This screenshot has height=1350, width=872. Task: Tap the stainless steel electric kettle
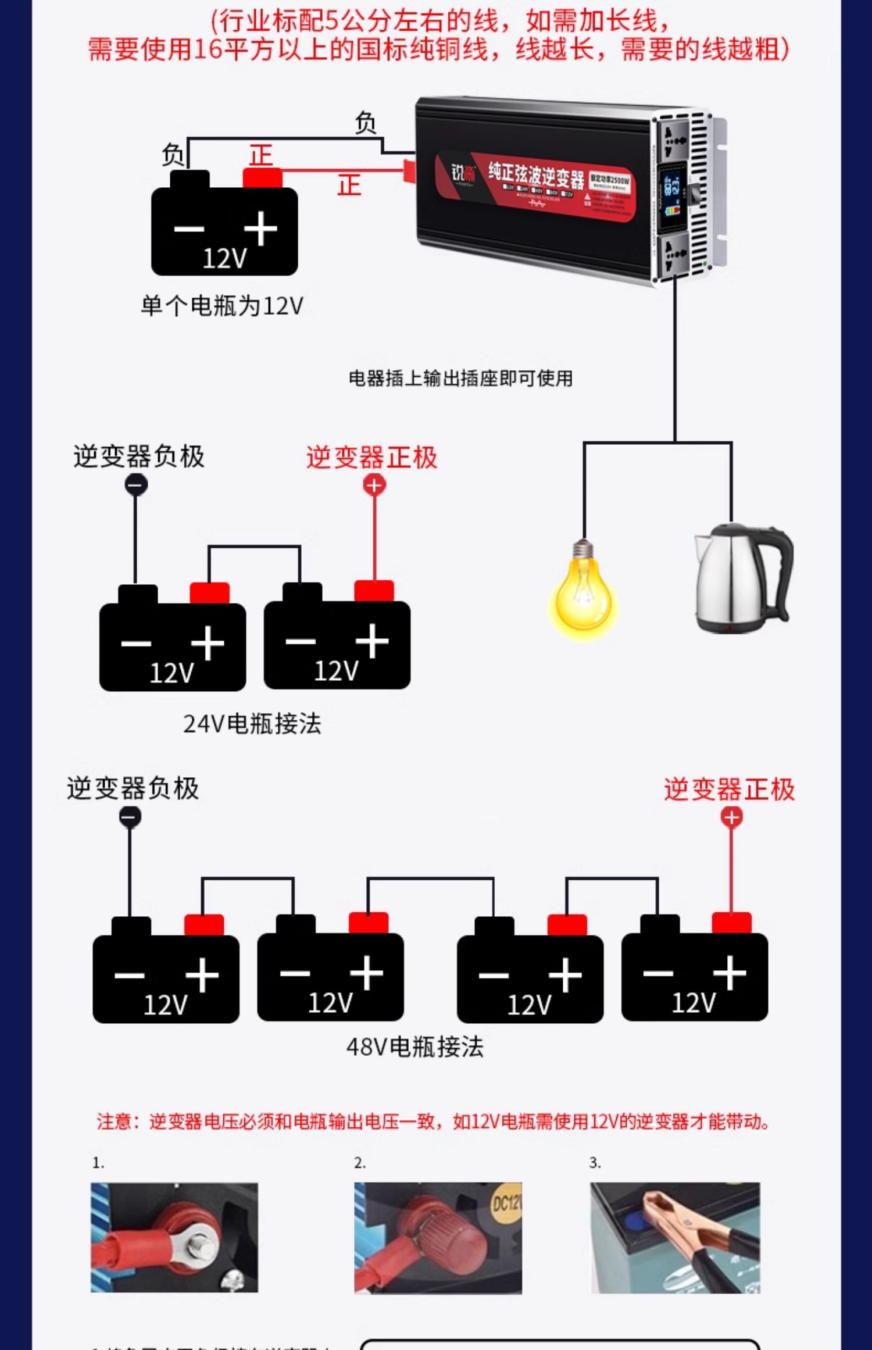click(x=743, y=579)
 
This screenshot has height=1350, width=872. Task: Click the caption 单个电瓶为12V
click(x=222, y=306)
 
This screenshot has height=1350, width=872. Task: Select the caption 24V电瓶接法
click(x=252, y=724)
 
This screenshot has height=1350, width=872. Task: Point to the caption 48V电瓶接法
click(x=414, y=1047)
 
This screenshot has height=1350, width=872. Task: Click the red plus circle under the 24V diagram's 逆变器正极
click(x=374, y=485)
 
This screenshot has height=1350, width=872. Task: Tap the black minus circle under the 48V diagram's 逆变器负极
click(x=130, y=817)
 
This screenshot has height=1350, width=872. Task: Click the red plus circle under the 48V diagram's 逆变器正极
click(x=731, y=817)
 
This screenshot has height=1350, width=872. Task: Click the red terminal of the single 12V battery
click(x=262, y=178)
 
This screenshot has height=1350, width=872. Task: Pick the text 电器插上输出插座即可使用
click(x=460, y=378)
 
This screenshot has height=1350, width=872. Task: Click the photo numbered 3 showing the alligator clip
click(x=675, y=1238)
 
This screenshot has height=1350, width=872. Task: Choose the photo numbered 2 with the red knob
click(x=438, y=1238)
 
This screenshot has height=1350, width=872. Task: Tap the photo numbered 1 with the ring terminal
click(x=174, y=1238)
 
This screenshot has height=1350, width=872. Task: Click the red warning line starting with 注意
click(x=433, y=1122)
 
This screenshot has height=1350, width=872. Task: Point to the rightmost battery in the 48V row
click(x=694, y=975)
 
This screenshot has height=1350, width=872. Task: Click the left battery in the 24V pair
click(x=172, y=645)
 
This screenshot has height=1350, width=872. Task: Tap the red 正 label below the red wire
click(x=349, y=185)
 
